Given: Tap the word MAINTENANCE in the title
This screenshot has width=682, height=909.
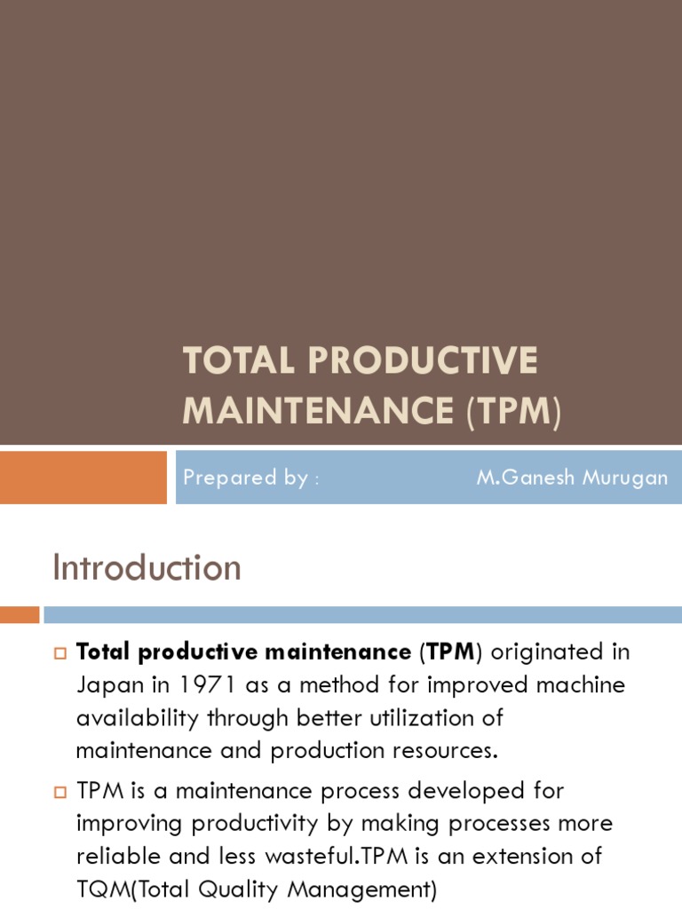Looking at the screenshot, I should click(x=318, y=411).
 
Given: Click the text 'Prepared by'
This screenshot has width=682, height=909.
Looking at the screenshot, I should click(x=246, y=478).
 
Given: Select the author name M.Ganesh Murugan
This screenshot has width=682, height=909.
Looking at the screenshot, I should click(x=572, y=478).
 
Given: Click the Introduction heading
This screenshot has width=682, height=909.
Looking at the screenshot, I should click(x=147, y=568).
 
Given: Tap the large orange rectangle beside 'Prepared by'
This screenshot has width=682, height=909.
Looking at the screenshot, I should click(x=83, y=478).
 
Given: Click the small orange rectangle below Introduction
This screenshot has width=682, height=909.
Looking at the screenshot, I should click(x=20, y=614).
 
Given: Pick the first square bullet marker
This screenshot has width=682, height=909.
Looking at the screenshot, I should click(x=60, y=654).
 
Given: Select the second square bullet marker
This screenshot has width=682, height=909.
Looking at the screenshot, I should click(x=60, y=792).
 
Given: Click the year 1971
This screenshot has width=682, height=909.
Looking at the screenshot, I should click(x=208, y=685).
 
